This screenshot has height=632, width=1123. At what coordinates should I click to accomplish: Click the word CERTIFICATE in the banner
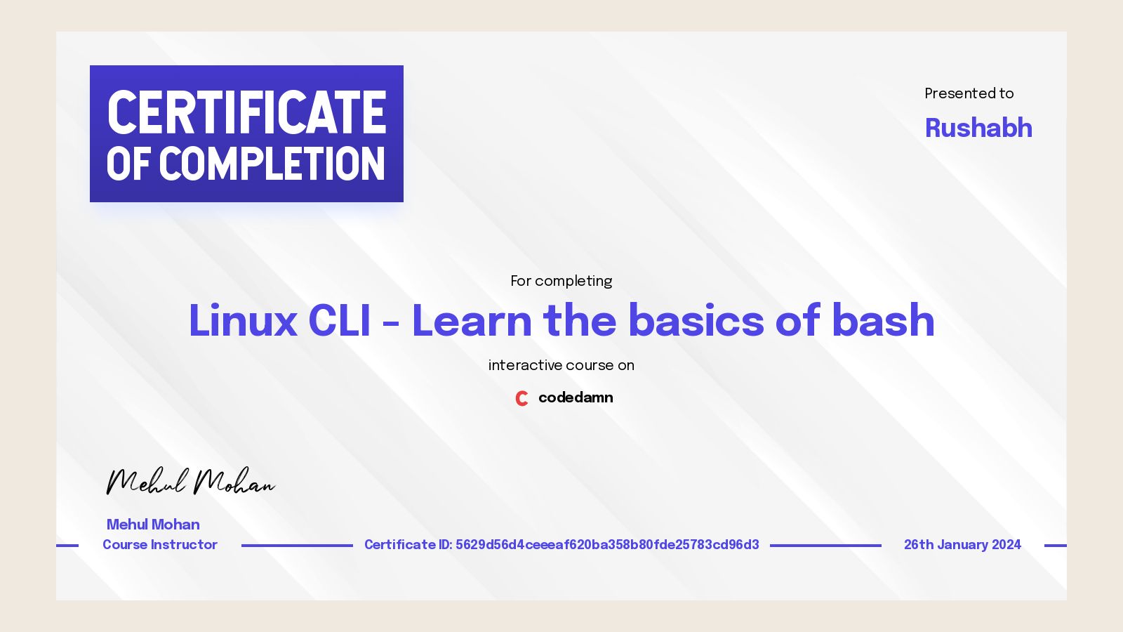click(246, 112)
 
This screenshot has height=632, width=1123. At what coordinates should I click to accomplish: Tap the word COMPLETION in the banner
click(272, 164)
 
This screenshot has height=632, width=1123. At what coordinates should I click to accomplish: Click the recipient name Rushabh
click(978, 128)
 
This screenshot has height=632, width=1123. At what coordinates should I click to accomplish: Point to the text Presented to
click(969, 93)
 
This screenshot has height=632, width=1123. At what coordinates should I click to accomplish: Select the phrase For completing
click(561, 281)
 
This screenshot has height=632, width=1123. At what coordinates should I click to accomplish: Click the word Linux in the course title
click(243, 321)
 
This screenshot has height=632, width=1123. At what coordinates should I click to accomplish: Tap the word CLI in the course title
click(339, 321)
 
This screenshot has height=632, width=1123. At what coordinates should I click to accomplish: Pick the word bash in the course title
click(883, 321)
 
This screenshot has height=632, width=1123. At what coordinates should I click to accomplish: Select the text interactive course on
click(561, 365)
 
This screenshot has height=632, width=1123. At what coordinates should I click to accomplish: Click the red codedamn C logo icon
click(521, 398)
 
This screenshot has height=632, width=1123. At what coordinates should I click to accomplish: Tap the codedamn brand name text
click(576, 397)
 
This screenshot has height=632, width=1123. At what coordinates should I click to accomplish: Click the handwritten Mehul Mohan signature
click(190, 482)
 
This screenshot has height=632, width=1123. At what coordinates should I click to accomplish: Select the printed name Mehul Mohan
click(153, 525)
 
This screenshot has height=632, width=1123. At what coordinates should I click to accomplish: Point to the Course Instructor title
click(160, 545)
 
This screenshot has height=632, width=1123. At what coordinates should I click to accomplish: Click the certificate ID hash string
click(607, 545)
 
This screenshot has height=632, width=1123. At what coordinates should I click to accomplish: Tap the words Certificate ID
click(407, 545)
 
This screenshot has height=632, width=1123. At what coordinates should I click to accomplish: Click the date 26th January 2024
click(962, 545)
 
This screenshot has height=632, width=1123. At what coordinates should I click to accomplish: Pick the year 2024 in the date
click(1006, 545)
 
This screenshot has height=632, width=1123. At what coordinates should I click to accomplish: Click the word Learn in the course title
click(472, 321)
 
